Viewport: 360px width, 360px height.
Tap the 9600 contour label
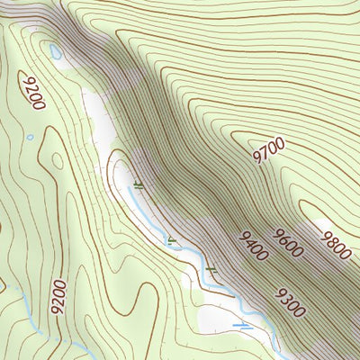click(x=289, y=243)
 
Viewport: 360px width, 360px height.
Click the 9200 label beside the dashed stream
click(x=59, y=294)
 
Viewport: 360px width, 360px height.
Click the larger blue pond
click(x=56, y=53)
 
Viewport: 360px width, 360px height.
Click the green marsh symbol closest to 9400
click(x=211, y=269)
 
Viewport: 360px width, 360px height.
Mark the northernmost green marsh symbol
click(x=138, y=184)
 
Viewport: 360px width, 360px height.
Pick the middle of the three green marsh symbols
click(x=172, y=238)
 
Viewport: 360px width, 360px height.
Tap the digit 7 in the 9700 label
click(x=263, y=151)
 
